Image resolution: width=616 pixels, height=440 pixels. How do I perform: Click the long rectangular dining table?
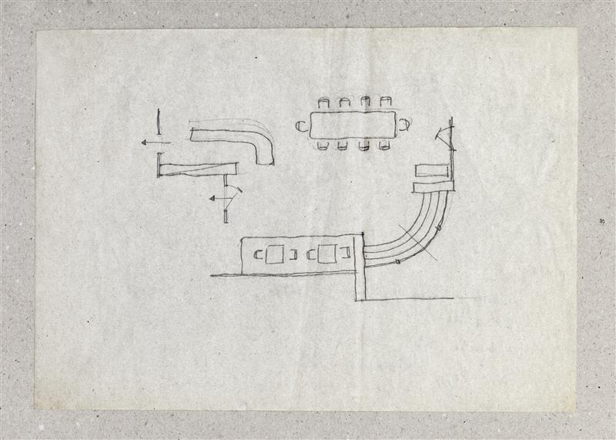click(x=353, y=126)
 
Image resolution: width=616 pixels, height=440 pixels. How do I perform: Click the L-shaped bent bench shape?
click(x=239, y=143)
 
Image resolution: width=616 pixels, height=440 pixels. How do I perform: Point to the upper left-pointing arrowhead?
click(x=145, y=143)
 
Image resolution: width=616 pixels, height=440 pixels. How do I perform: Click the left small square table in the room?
click(x=275, y=254)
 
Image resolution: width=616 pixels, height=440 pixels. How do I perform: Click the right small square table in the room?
click(x=326, y=254)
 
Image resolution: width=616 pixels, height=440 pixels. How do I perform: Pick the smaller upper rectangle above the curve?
click(x=430, y=170)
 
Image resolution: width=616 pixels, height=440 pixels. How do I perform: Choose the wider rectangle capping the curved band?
click(x=433, y=186)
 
